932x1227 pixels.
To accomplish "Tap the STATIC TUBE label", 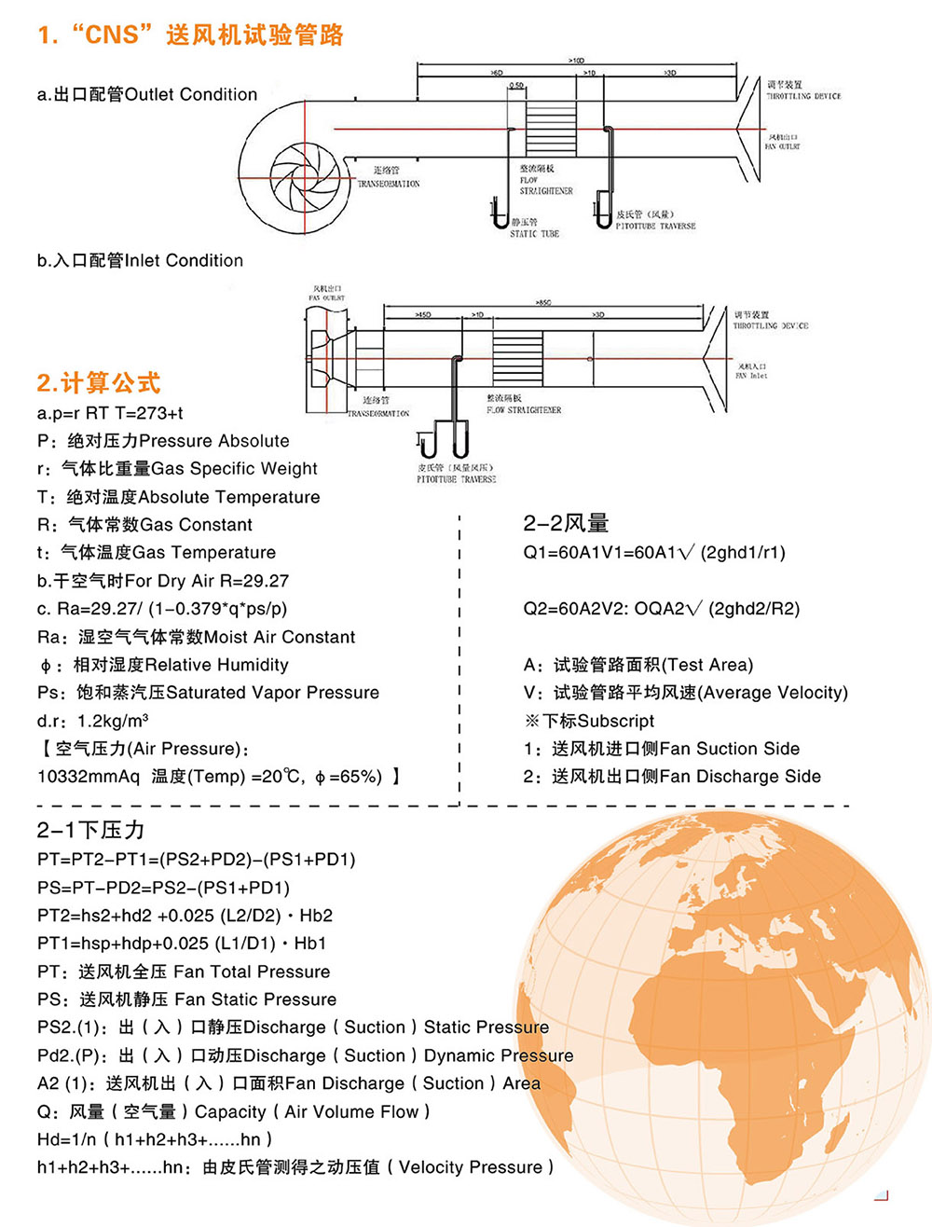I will (x=534, y=234).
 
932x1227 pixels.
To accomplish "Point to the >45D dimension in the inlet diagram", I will (x=423, y=315).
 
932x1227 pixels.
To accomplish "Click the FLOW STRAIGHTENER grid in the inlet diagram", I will (x=518, y=358).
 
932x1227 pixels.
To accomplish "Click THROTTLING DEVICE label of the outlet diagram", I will (x=803, y=96).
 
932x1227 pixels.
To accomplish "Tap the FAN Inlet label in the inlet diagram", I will (x=751, y=376).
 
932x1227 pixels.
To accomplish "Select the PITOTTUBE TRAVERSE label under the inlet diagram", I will (x=456, y=479).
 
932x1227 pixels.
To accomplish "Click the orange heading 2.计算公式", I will (x=99, y=382).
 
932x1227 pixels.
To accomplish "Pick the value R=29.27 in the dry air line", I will (x=254, y=581).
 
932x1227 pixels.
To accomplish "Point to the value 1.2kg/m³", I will (x=113, y=721).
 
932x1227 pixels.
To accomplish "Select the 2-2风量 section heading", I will (x=566, y=523).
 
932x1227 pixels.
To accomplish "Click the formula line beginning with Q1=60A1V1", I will (x=653, y=553).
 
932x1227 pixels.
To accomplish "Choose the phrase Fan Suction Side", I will (x=729, y=749).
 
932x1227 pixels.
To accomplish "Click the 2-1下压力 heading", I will (x=91, y=830).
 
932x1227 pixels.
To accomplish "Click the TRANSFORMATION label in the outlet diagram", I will (x=389, y=184).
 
